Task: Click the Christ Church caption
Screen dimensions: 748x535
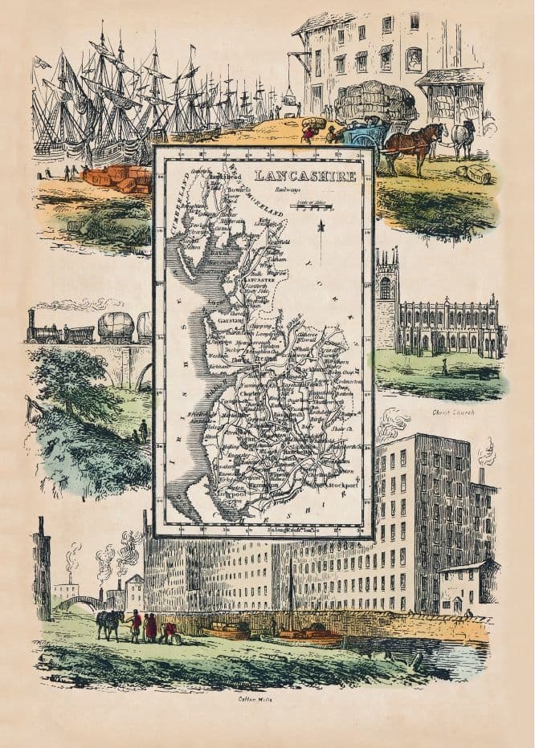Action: (454, 413)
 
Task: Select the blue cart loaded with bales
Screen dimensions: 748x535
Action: (362, 133)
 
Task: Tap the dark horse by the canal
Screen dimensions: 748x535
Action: (109, 622)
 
